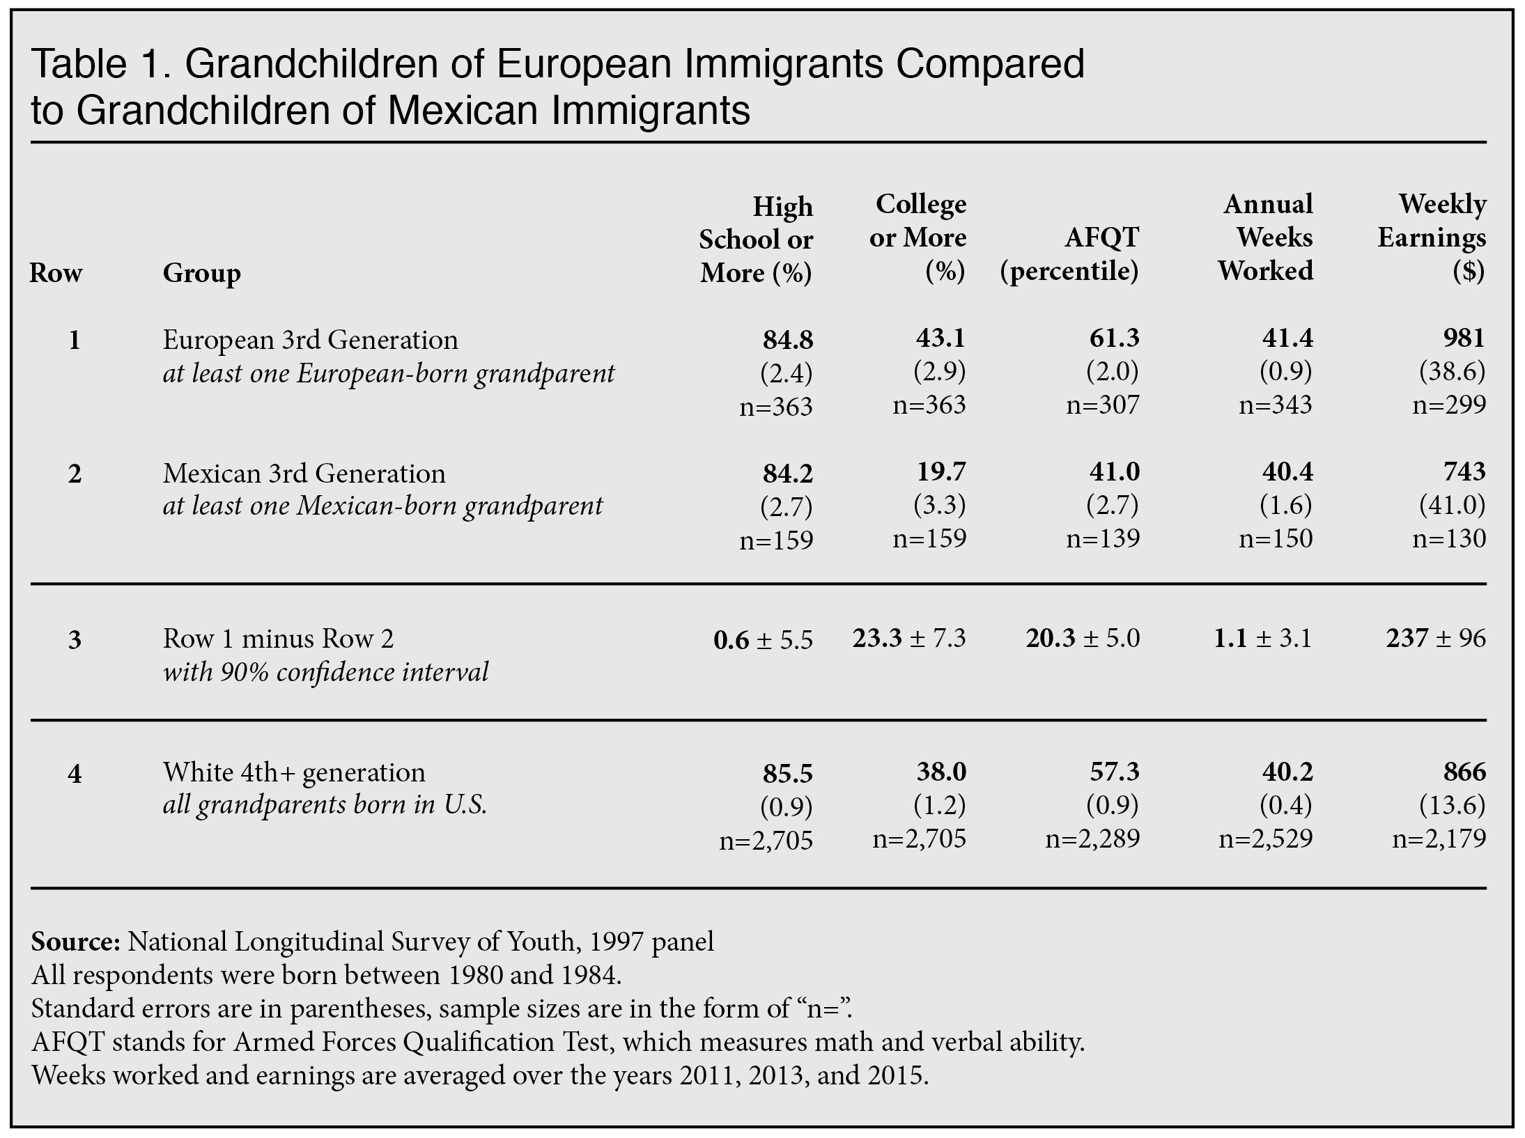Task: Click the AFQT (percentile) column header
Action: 1069,254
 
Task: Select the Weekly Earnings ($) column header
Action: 1432,237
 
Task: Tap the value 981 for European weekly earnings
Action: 1464,338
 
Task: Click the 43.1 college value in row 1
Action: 940,338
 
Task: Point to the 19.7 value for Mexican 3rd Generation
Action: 941,471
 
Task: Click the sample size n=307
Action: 1103,405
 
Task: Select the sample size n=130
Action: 1449,538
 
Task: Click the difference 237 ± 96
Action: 1436,638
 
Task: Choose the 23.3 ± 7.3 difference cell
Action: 909,638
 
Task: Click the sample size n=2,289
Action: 1092,839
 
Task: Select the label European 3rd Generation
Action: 311,340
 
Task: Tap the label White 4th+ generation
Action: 294,772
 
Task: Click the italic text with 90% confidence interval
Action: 325,672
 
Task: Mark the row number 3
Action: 75,639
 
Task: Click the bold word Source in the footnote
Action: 75,942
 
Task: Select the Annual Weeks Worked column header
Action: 1267,237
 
